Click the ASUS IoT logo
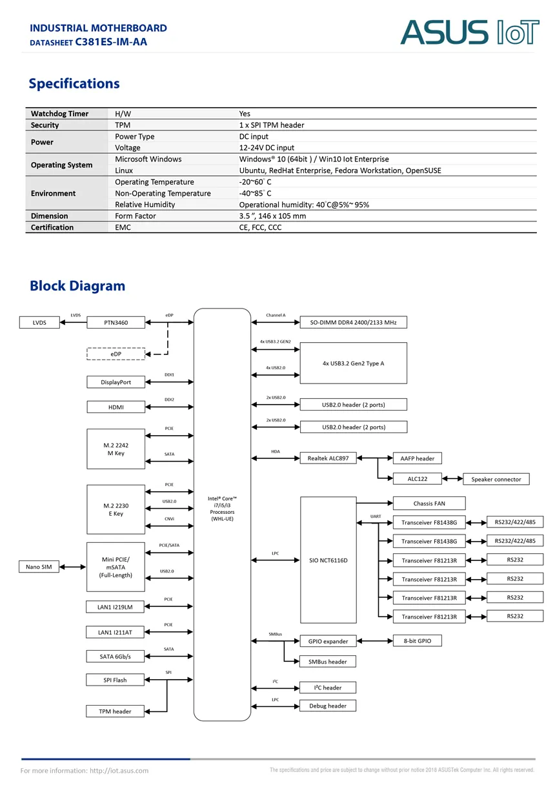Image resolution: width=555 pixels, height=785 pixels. pos(469,32)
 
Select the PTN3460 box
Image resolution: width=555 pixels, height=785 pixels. pos(116,322)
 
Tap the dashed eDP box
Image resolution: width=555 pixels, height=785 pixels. pos(116,354)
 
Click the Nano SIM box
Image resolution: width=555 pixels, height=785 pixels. pos(39,567)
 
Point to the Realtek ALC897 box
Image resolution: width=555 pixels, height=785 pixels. pos(328,458)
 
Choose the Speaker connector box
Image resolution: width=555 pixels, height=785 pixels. pos(496,479)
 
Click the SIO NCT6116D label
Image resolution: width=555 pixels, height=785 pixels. pos(328,560)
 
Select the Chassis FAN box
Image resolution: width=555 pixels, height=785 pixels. pos(429,504)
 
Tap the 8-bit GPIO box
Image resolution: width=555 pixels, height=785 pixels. pos(417,640)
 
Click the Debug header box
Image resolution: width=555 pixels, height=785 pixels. pos(328,706)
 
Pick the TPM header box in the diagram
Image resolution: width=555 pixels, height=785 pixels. pos(115,711)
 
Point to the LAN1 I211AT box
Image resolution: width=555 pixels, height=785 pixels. pos(115,632)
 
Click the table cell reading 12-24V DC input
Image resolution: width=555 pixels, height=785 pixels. pos(267,148)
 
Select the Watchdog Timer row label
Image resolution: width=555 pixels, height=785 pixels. pos(59,114)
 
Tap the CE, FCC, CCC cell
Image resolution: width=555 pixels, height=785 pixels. pos(260,227)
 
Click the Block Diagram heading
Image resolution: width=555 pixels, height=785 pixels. pos(77,286)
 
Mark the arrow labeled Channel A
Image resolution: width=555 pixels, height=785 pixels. pos(276,322)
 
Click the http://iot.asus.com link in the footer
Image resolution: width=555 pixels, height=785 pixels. pos(119,771)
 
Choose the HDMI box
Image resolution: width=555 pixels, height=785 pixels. pos(116,407)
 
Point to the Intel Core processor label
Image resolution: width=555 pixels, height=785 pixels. pos(222,509)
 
